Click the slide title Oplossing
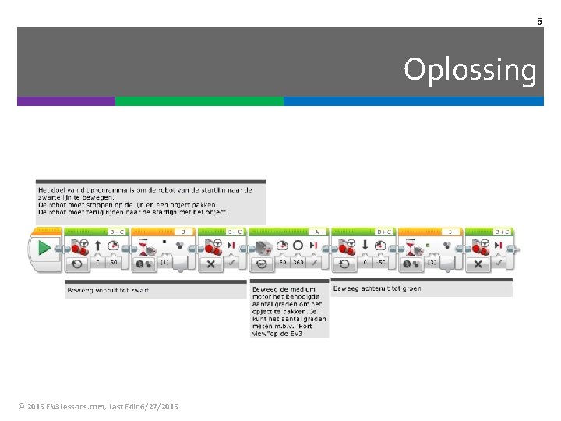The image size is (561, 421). click(470, 70)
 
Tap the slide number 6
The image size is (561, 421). click(539, 21)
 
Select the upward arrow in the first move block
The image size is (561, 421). click(97, 246)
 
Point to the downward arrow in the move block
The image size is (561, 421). click(364, 246)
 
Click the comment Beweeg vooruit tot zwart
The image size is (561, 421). click(109, 290)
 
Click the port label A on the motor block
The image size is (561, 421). click(317, 232)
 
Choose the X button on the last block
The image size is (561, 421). click(478, 264)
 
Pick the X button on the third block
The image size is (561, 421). click(210, 264)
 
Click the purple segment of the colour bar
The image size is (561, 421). click(66, 101)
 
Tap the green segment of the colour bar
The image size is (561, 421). click(199, 101)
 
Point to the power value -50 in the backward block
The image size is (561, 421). click(382, 264)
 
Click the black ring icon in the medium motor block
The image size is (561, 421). click(297, 246)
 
